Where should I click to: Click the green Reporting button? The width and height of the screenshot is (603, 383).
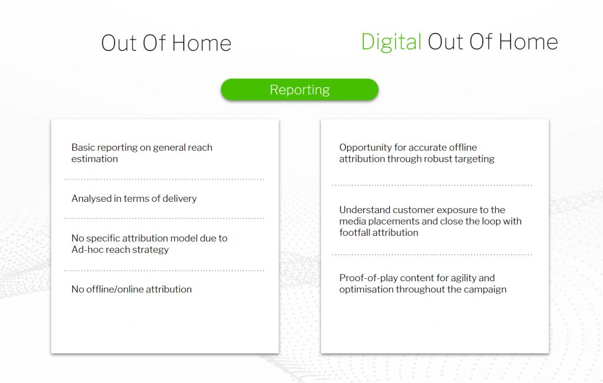(300, 89)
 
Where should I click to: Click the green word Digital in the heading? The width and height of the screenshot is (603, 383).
(391, 42)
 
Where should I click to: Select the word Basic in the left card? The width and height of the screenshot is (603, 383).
(82, 148)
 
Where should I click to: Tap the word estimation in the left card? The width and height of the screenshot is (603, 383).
(95, 159)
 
